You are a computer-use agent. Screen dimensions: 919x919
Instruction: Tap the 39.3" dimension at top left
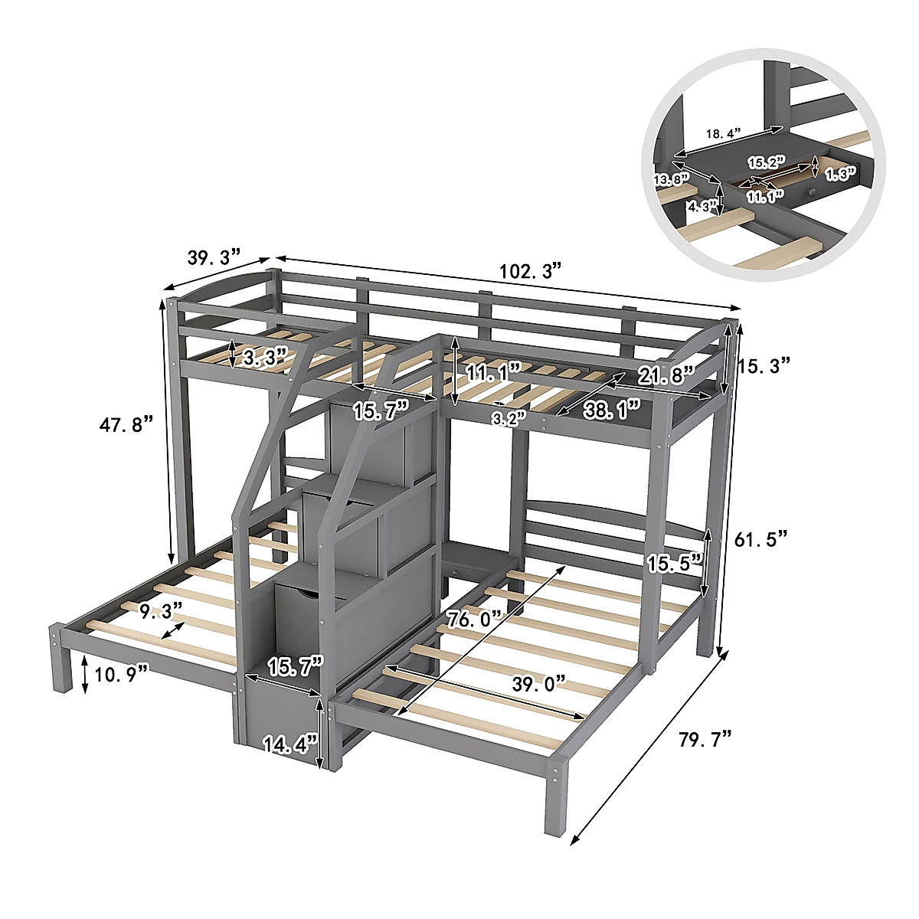click(214, 257)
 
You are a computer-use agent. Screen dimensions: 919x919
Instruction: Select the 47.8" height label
click(127, 425)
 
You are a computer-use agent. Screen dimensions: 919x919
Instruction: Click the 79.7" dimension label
click(705, 740)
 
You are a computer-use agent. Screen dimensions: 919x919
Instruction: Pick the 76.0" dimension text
click(475, 619)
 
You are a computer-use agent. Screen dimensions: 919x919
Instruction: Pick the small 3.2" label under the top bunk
click(509, 417)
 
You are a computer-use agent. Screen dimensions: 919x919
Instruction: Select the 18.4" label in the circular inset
click(723, 133)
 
